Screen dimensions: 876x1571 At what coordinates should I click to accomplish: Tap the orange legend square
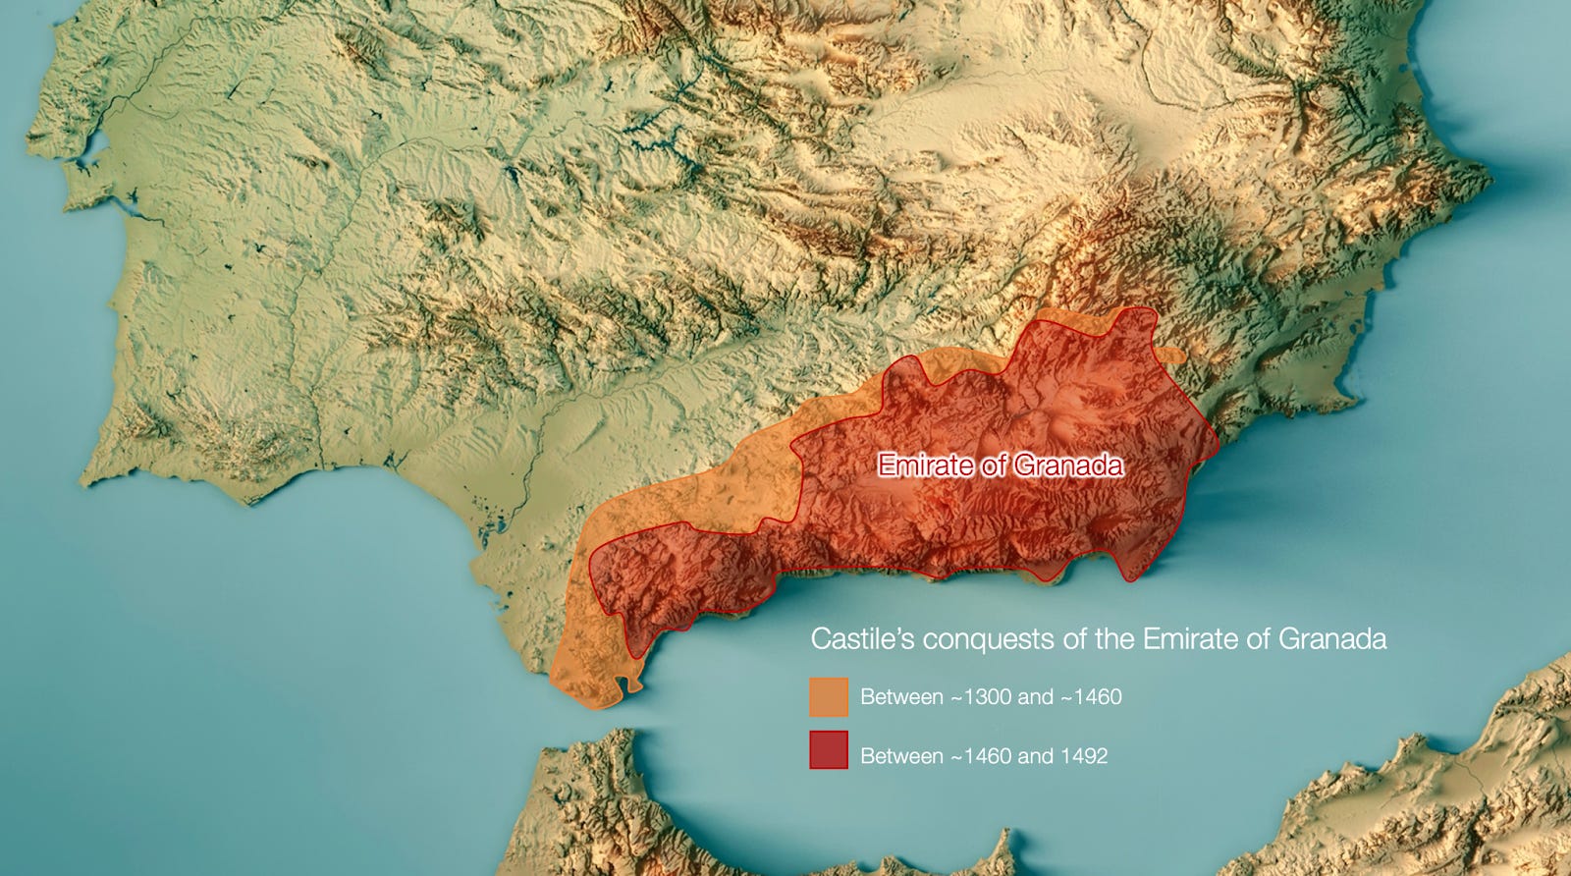tap(829, 696)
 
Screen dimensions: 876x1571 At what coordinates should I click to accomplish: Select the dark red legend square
tap(829, 750)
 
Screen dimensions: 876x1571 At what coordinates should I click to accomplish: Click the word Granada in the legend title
tap(1332, 639)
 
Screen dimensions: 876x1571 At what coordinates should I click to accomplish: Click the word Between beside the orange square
tap(901, 697)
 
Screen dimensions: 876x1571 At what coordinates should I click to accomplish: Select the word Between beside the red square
tap(901, 756)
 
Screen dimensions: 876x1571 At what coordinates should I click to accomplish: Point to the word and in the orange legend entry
tap(1035, 697)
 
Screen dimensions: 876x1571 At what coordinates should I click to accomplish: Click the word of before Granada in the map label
tap(995, 465)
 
